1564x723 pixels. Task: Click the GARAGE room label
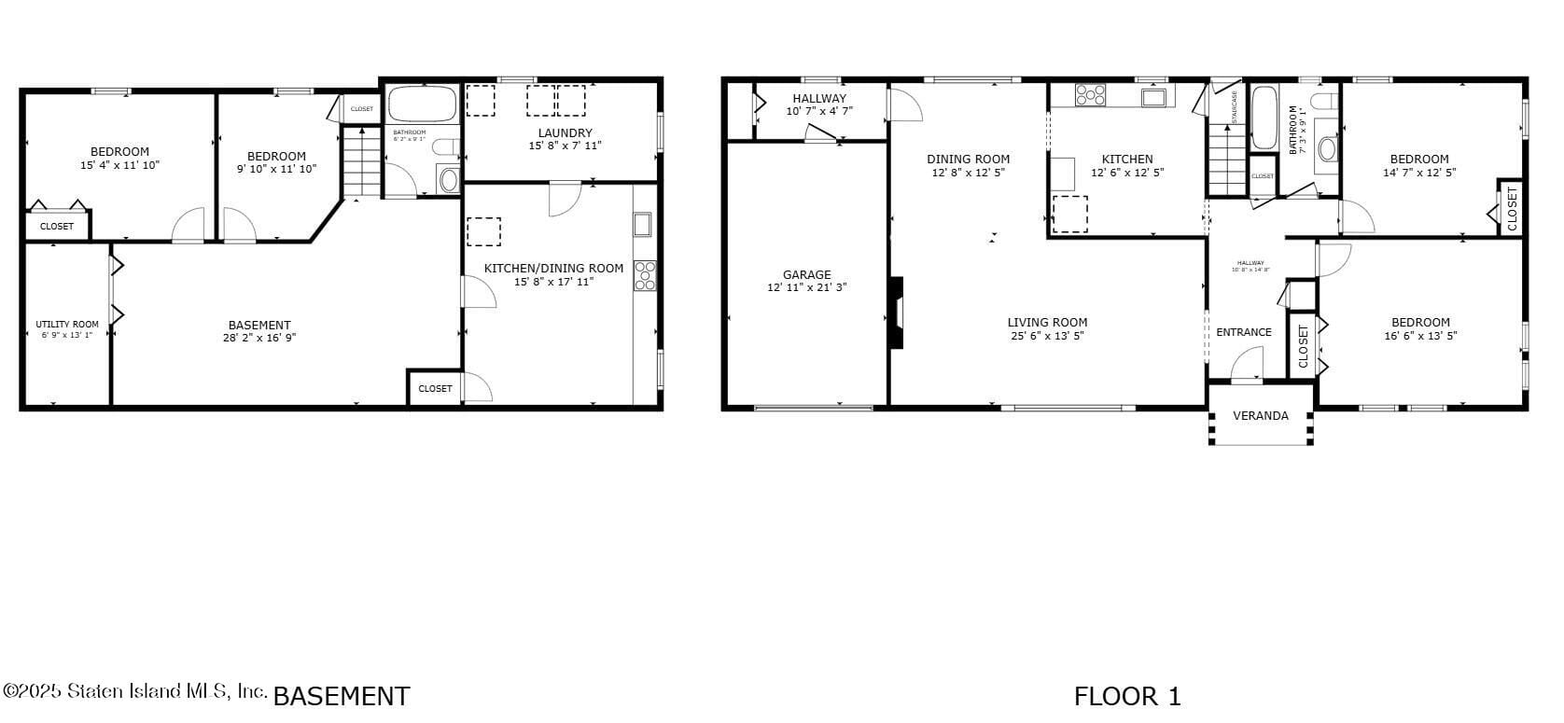[x=806, y=274]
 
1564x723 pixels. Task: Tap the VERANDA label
[x=1260, y=416]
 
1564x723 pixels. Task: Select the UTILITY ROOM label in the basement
[x=67, y=324]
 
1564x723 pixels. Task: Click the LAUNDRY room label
[x=565, y=132]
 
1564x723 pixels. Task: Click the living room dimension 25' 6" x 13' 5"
[x=1047, y=336]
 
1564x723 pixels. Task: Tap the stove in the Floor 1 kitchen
[x=1090, y=94]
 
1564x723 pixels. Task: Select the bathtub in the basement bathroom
[x=422, y=104]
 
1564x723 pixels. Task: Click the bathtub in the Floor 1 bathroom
[x=1264, y=118]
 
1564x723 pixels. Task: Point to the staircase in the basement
[x=357, y=162]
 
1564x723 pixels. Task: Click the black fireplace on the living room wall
[x=896, y=313]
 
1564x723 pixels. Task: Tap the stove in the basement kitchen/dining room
[x=645, y=275]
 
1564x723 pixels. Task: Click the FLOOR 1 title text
[x=1127, y=696]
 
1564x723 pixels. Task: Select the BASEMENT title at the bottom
[x=341, y=696]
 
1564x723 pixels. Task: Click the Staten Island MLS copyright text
[x=135, y=691]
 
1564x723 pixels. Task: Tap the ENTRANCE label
[x=1243, y=332]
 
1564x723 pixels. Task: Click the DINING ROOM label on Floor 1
[x=968, y=159]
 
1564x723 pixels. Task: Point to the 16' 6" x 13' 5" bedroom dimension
[x=1420, y=336]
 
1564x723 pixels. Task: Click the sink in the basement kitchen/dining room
[x=643, y=225]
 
